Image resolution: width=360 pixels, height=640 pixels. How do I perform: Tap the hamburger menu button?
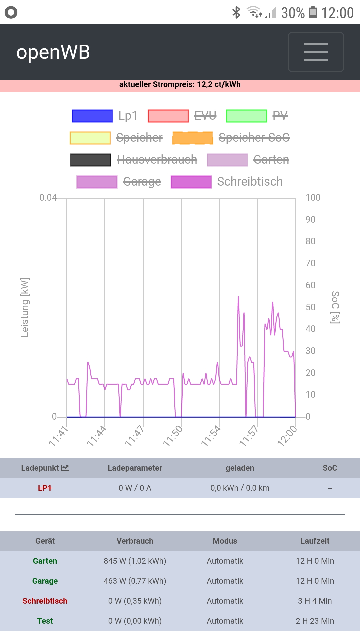(x=316, y=52)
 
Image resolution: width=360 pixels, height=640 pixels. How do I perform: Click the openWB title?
(x=53, y=52)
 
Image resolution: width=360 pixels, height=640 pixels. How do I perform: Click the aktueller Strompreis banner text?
(x=180, y=84)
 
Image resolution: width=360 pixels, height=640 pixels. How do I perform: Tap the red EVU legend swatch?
(x=168, y=116)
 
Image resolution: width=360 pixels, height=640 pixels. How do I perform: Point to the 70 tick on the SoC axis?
(x=310, y=263)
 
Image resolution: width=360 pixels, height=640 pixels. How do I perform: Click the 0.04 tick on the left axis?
(x=48, y=198)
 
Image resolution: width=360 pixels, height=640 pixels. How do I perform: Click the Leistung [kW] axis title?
(x=25, y=307)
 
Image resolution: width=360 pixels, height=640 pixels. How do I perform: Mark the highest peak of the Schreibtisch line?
(x=238, y=296)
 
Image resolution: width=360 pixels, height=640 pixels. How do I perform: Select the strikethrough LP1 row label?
(x=45, y=488)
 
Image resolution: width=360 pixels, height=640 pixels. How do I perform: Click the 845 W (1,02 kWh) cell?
(x=135, y=561)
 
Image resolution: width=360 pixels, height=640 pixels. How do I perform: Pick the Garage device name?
(x=45, y=581)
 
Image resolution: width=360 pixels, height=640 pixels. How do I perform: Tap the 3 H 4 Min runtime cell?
(x=315, y=601)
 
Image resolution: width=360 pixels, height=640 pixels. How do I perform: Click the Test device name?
(x=45, y=621)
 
